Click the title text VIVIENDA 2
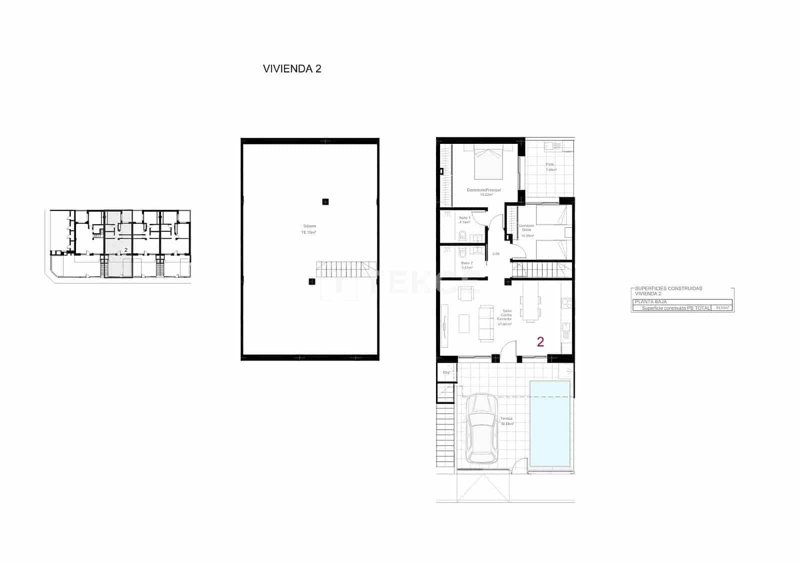[292, 69]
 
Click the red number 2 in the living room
[540, 342]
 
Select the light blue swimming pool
[550, 424]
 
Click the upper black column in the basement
[325, 202]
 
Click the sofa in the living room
[484, 323]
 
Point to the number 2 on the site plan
[126, 249]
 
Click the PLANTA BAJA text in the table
[650, 302]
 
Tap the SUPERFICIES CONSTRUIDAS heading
[668, 289]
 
